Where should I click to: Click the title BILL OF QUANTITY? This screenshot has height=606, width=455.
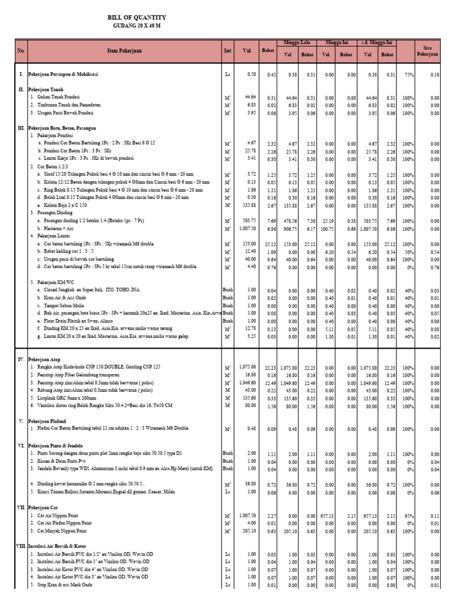pyautogui.click(x=136, y=18)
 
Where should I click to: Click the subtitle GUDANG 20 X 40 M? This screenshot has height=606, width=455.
pyautogui.click(x=136, y=25)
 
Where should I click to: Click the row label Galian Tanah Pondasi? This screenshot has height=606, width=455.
pyautogui.click(x=58, y=96)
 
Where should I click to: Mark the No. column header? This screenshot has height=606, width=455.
pyautogui.click(x=21, y=51)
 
